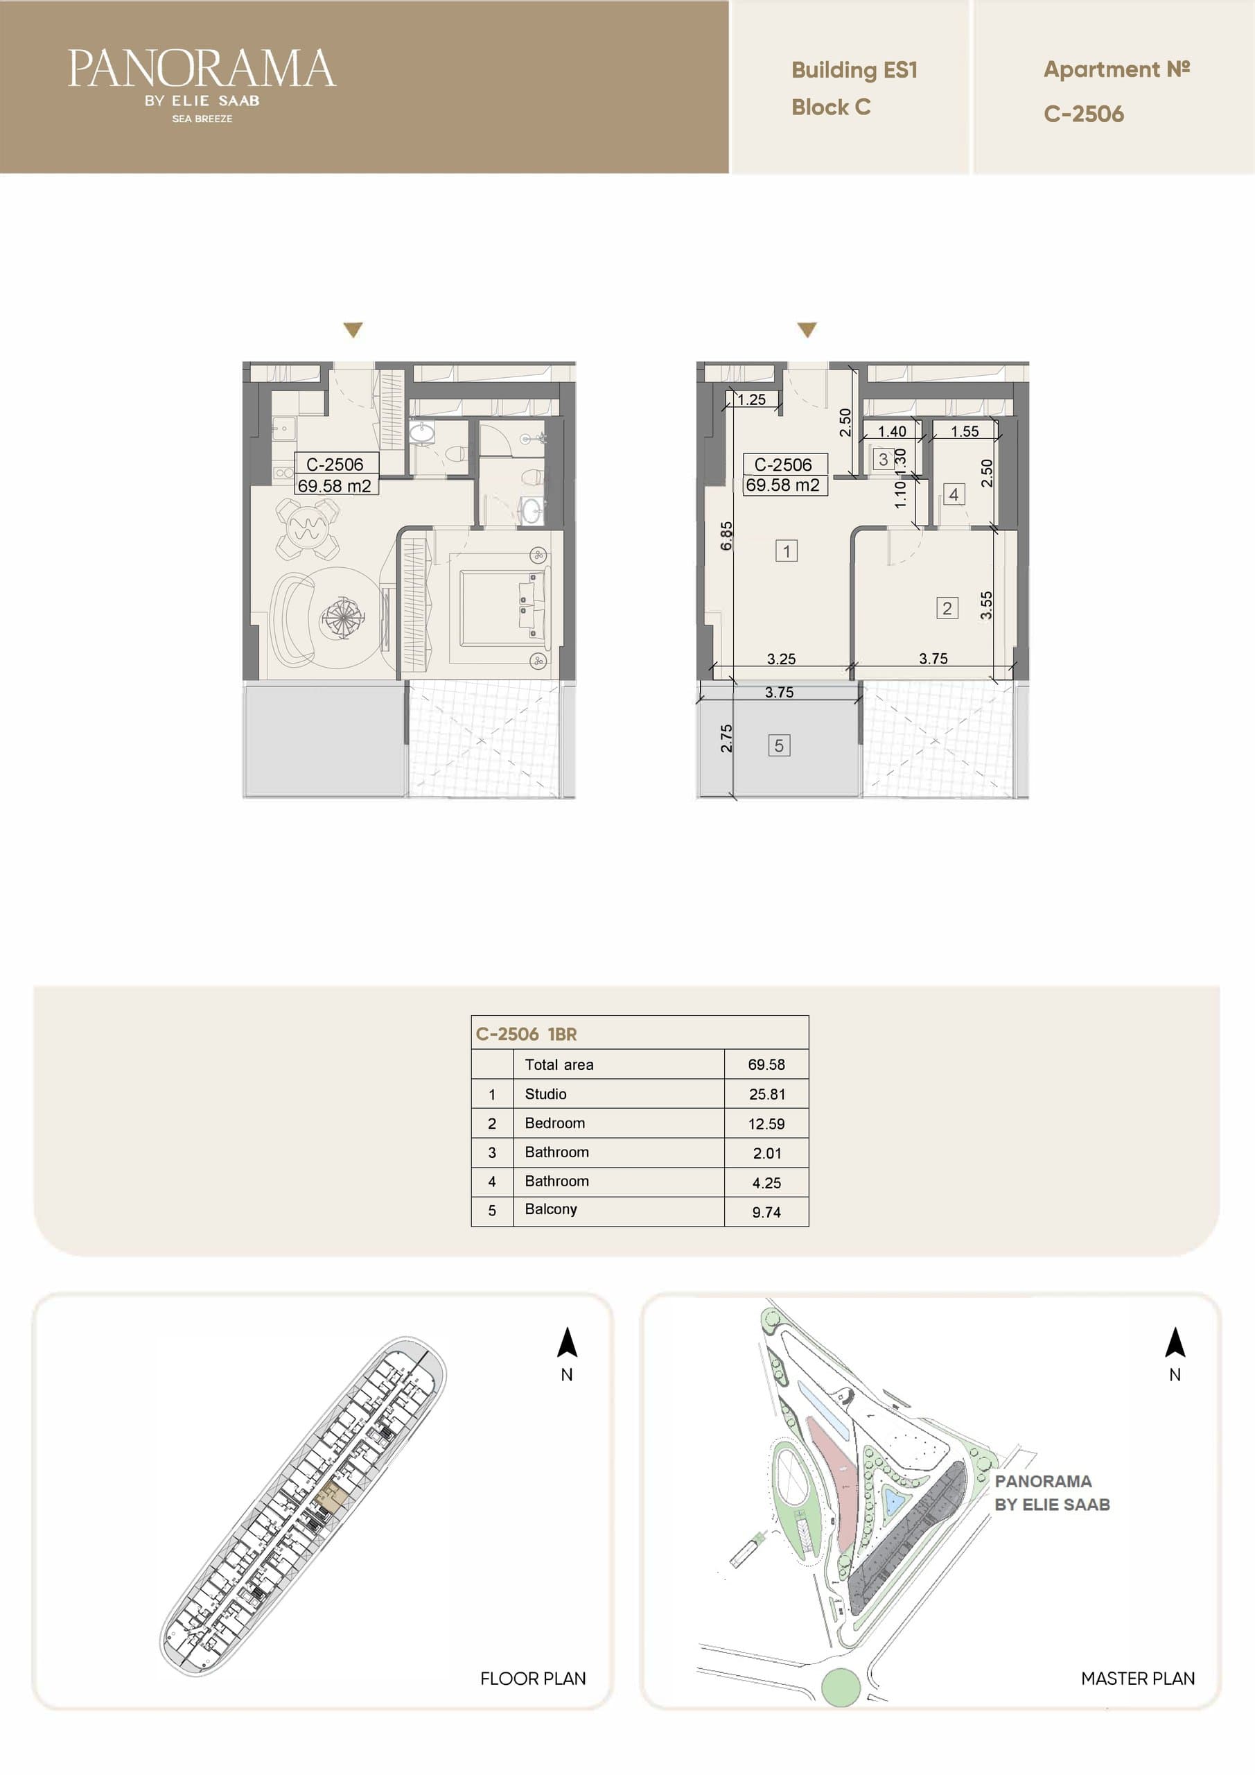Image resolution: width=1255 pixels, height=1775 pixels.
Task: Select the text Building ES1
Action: [x=854, y=70]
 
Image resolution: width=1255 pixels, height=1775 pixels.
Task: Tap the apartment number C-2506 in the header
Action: [x=1083, y=114]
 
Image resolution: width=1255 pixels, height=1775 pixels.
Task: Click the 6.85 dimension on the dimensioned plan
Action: [x=726, y=536]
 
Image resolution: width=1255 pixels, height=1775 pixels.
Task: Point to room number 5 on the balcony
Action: [x=779, y=745]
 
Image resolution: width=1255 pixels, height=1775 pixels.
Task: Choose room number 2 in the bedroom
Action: [x=947, y=607]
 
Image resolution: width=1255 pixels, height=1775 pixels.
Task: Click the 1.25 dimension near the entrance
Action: [x=751, y=399]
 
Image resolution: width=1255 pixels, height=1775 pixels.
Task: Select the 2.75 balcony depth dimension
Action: [x=726, y=738]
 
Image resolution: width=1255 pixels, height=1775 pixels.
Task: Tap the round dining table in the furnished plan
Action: [x=308, y=528]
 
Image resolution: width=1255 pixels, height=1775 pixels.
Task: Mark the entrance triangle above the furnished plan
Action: [x=353, y=330]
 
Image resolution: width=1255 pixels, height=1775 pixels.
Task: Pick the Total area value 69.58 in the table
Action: [x=766, y=1064]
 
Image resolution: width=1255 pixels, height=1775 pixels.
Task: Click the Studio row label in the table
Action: [x=545, y=1094]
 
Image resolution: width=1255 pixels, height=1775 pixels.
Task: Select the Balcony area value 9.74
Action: [x=766, y=1212]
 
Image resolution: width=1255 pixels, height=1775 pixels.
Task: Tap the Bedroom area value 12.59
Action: [x=766, y=1124]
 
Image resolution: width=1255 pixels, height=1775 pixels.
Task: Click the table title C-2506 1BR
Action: [x=526, y=1034]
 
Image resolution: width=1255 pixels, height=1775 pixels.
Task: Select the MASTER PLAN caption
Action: [x=1137, y=1679]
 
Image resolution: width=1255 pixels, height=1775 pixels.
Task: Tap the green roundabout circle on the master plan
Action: [x=840, y=1687]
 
